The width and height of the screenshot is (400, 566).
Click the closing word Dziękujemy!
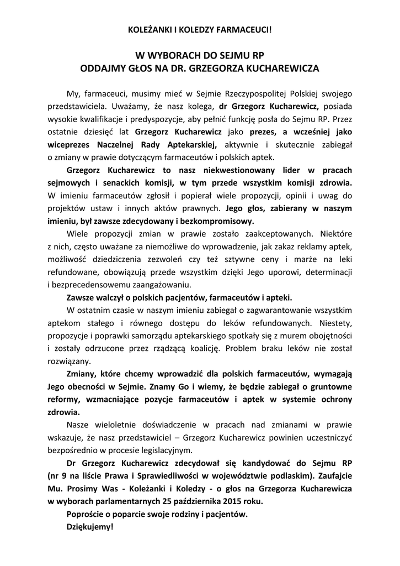tap(89, 526)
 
